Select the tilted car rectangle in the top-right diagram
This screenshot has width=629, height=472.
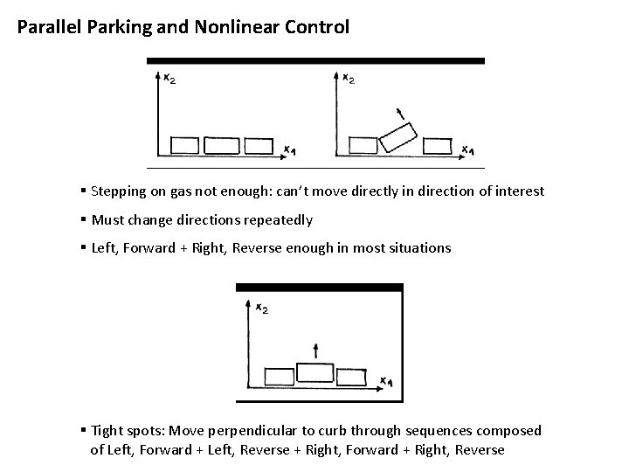click(397, 137)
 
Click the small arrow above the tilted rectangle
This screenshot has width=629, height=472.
click(400, 113)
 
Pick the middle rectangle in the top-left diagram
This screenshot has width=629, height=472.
click(223, 145)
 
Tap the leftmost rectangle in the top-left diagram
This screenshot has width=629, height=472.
click(184, 145)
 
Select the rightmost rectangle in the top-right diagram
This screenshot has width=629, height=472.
click(437, 146)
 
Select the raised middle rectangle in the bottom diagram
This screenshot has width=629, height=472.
click(314, 371)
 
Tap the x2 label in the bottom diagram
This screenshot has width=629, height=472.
click(261, 307)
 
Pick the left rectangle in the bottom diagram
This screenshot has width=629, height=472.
click(280, 376)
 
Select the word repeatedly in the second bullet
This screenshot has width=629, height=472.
click(281, 220)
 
